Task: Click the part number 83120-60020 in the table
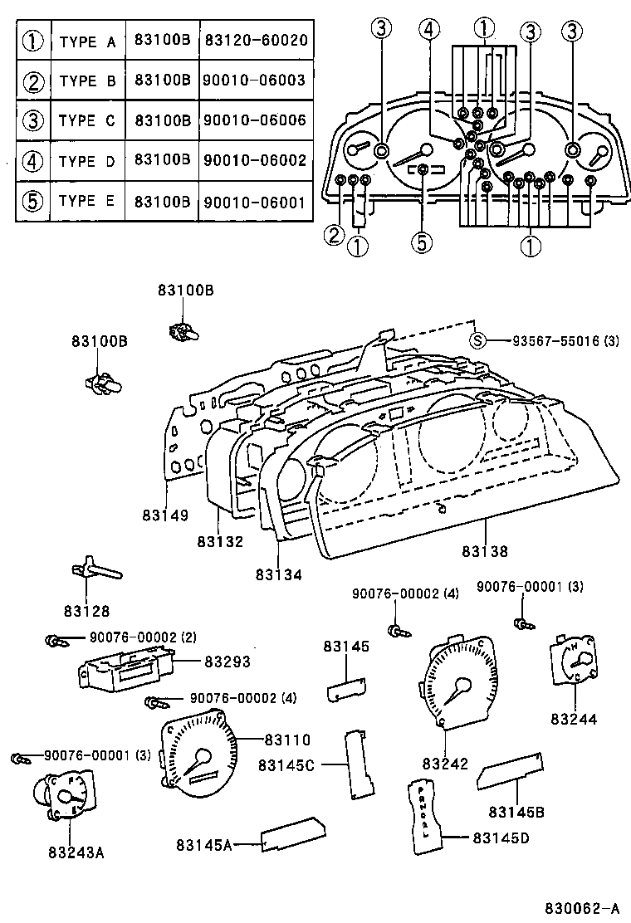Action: [256, 41]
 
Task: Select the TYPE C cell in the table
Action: [87, 121]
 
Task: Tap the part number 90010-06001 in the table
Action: [256, 202]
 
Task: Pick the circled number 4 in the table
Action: [32, 161]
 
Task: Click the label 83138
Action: [485, 550]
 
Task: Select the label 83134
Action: [279, 574]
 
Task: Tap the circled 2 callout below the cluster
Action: [334, 236]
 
